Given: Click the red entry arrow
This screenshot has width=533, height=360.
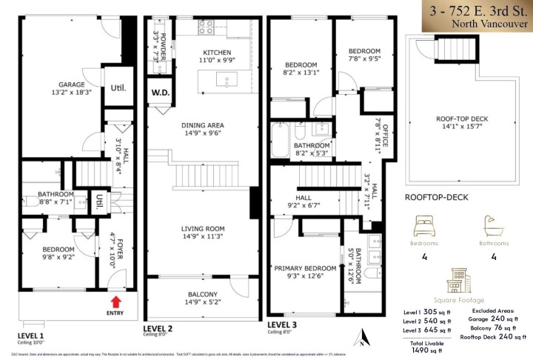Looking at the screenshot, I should coord(115,301).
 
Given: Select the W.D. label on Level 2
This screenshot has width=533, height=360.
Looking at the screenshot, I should coord(159,93).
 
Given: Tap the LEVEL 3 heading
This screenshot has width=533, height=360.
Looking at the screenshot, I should coord(282,324).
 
